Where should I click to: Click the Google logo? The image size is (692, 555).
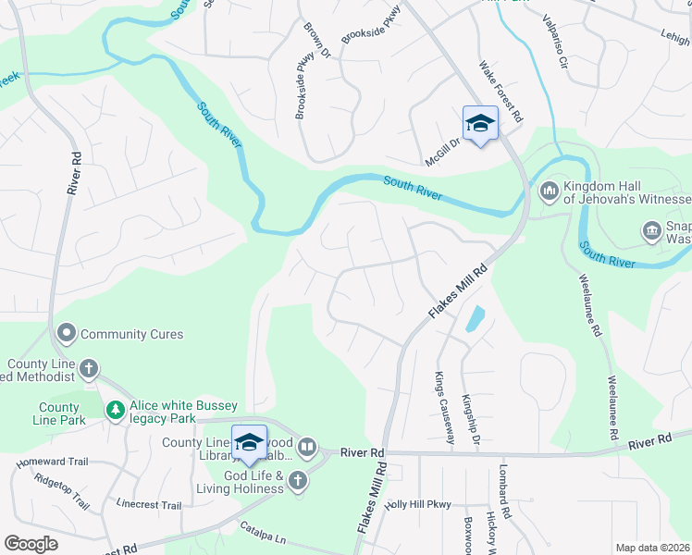click(x=31, y=544)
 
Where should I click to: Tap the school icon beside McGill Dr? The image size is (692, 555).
click(x=480, y=124)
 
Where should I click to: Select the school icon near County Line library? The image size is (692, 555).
click(x=249, y=443)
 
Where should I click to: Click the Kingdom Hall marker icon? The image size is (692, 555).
click(x=548, y=191)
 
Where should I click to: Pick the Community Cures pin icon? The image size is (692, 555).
click(x=67, y=333)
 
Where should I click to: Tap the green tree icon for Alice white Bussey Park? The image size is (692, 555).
click(x=115, y=409)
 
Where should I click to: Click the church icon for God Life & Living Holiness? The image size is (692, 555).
click(x=297, y=479)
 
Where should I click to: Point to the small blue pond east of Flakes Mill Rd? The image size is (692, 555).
click(x=474, y=319)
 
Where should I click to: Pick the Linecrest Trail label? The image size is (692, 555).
click(x=149, y=505)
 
